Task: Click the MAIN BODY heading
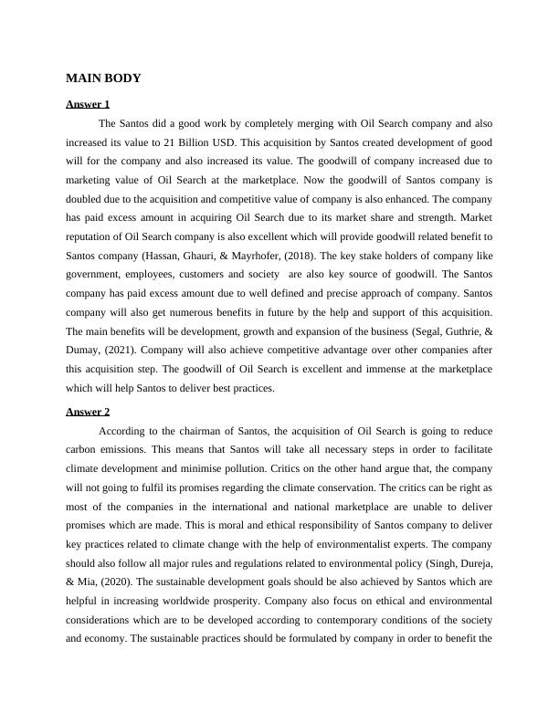point(103,79)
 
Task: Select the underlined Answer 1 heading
point(88,104)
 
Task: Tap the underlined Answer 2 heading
point(88,412)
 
